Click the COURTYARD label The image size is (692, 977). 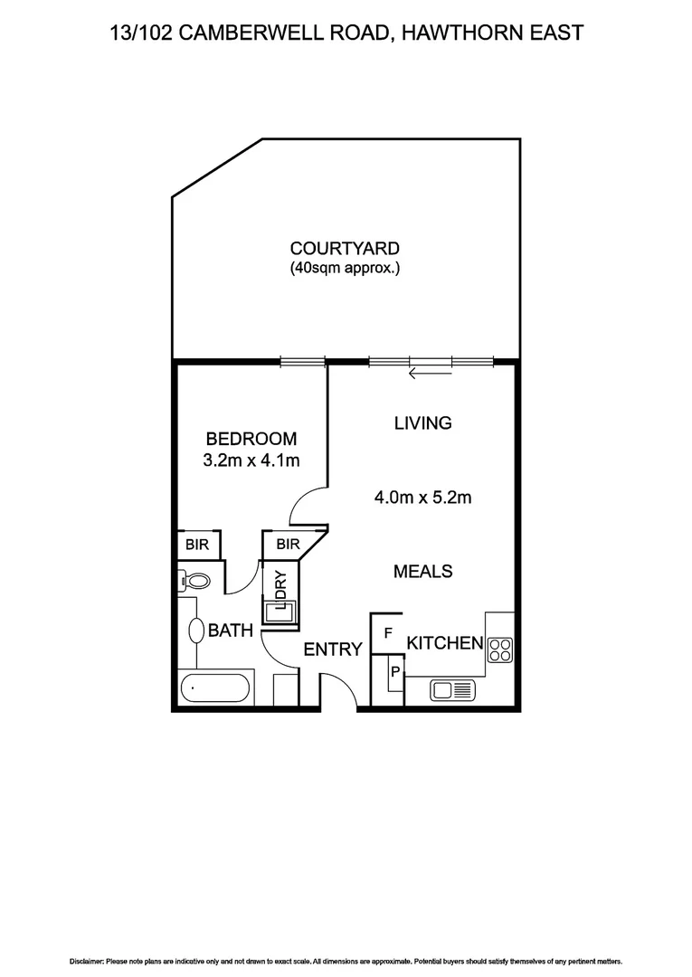pyautogui.click(x=345, y=248)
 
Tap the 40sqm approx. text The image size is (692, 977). pyautogui.click(x=345, y=268)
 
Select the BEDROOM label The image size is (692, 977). pyautogui.click(x=251, y=440)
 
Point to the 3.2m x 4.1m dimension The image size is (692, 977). pyautogui.click(x=251, y=460)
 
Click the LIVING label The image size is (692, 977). pyautogui.click(x=422, y=422)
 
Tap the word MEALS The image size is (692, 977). pyautogui.click(x=422, y=572)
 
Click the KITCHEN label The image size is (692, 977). pyautogui.click(x=444, y=643)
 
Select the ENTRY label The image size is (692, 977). pyautogui.click(x=333, y=649)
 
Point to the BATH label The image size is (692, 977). pyautogui.click(x=231, y=631)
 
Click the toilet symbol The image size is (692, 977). pyautogui.click(x=194, y=580)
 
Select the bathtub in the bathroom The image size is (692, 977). pyautogui.click(x=216, y=688)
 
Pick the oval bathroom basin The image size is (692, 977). pyautogui.click(x=194, y=631)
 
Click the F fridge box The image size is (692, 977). pyautogui.click(x=387, y=633)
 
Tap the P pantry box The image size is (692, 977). pyautogui.click(x=394, y=673)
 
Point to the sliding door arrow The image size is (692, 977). pyautogui.click(x=430, y=369)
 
